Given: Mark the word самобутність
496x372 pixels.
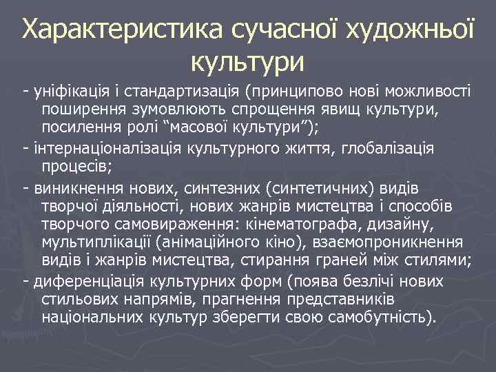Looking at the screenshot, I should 382,318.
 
